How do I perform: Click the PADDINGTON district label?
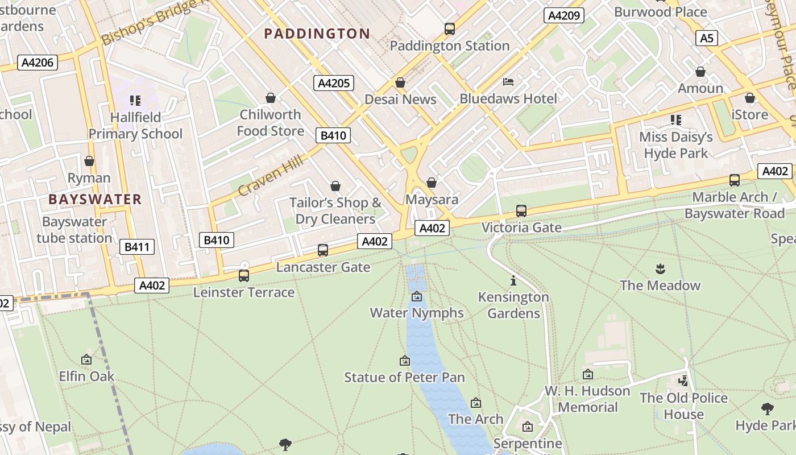tap(317, 34)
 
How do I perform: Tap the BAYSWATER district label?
tap(95, 199)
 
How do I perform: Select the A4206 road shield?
tap(38, 63)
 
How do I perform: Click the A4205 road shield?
tap(334, 83)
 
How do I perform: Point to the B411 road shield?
tap(136, 247)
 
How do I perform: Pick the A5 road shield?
tap(706, 38)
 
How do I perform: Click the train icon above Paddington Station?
tap(450, 28)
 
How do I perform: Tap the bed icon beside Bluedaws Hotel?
tap(508, 82)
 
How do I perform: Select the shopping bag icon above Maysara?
tap(432, 183)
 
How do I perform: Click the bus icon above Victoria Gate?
tap(521, 211)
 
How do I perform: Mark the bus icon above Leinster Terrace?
tap(244, 276)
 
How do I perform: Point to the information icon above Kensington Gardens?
tap(513, 280)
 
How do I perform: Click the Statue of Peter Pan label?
tap(404, 377)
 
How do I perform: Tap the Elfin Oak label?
tap(87, 376)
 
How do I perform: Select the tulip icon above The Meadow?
tap(660, 268)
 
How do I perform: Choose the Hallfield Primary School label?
tap(135, 125)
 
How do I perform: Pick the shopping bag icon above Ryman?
tap(89, 161)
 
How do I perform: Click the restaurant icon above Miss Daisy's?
tap(676, 120)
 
